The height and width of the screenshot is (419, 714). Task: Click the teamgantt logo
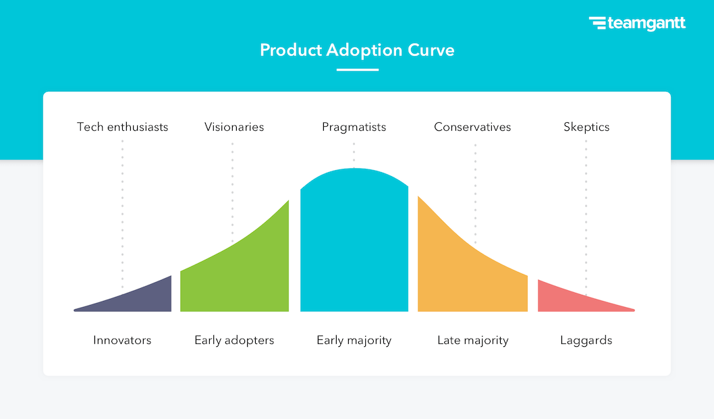(637, 24)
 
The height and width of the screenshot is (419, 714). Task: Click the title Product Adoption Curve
(357, 51)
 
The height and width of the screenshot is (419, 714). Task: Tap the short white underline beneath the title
(357, 69)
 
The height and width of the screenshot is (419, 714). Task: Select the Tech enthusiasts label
(122, 127)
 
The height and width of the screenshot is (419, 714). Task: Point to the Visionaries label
(234, 127)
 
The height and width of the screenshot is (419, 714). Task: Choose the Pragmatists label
(354, 127)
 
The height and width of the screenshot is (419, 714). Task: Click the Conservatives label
(472, 127)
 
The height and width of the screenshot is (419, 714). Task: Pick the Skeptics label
(586, 127)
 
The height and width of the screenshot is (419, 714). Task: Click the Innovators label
(122, 340)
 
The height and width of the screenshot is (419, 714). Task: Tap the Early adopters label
(234, 340)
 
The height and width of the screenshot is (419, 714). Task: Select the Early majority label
(354, 340)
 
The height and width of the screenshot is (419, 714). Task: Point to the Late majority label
(472, 340)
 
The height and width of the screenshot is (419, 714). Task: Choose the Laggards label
(586, 340)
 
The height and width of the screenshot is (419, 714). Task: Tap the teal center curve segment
(354, 243)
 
